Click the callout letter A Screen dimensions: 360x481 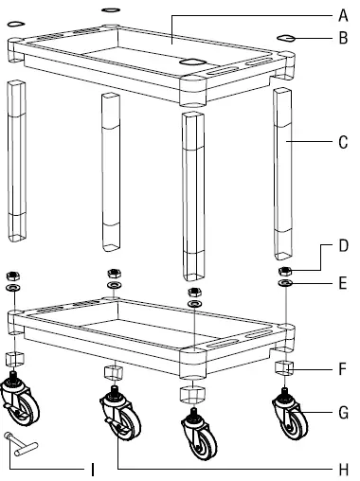(x=343, y=15)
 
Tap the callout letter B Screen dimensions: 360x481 (x=343, y=38)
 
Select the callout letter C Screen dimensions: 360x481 (x=343, y=142)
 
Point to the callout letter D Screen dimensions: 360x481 (x=344, y=245)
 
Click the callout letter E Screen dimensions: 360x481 (x=343, y=283)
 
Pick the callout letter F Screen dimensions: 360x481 (x=343, y=369)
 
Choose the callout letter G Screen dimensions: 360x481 (x=344, y=413)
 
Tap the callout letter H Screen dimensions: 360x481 (x=344, y=470)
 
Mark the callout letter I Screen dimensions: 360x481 (x=92, y=470)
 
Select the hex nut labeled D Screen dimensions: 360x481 (x=285, y=271)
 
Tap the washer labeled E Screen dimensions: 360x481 (x=285, y=283)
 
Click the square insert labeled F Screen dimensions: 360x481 (x=284, y=368)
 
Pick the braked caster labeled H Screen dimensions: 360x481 (x=120, y=413)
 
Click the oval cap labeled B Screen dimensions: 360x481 (x=286, y=39)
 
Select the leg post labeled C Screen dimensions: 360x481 (x=283, y=173)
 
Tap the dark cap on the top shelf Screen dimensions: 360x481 (x=192, y=62)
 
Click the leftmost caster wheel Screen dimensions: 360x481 (x=19, y=400)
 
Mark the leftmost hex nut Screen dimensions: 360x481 (x=13, y=276)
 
